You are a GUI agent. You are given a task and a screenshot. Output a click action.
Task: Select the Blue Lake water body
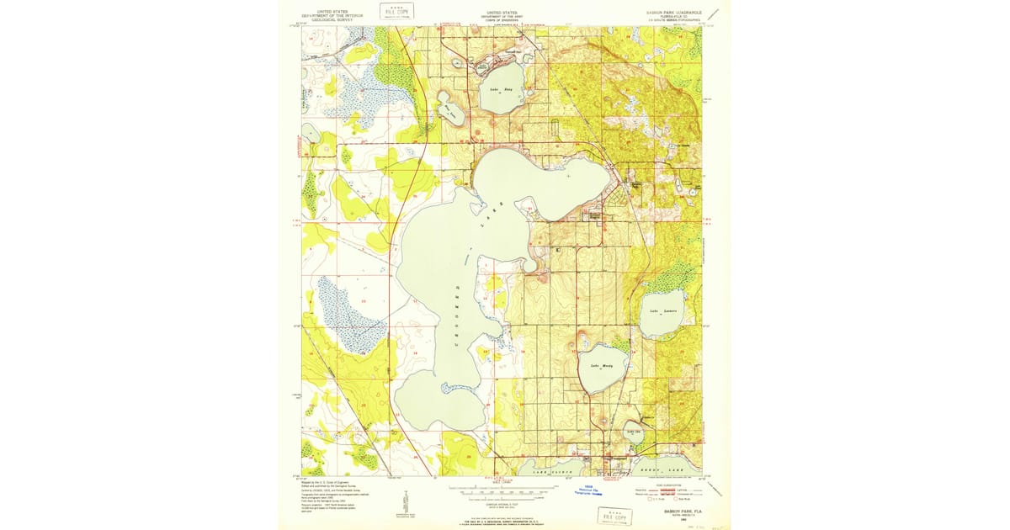point(446,107)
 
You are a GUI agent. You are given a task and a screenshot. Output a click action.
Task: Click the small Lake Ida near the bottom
point(635,433)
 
